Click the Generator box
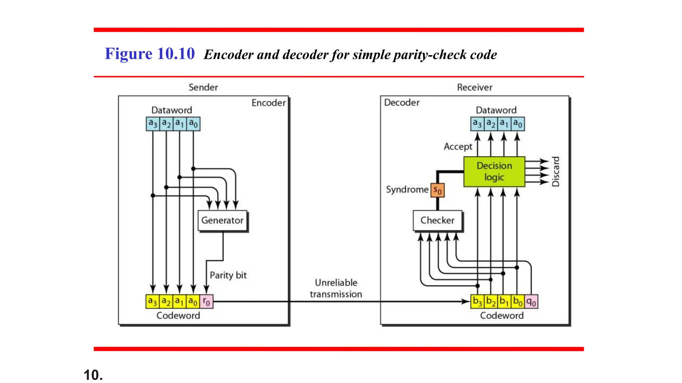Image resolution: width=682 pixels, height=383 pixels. [222, 220]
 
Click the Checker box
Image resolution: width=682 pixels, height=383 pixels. [437, 220]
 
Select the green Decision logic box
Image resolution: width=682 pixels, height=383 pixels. [494, 172]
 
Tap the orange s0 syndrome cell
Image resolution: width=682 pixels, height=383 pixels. [437, 191]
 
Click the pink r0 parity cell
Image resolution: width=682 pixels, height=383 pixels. [206, 302]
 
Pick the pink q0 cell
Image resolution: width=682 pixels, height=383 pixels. [531, 302]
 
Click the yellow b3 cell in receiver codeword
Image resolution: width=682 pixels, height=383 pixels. [477, 302]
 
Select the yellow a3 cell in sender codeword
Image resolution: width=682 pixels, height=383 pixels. [153, 302]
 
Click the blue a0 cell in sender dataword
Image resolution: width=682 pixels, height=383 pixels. [193, 124]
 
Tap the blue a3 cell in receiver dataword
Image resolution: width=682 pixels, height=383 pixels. [477, 124]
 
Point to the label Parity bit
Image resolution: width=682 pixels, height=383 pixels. [228, 275]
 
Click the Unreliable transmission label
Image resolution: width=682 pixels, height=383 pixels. [336, 288]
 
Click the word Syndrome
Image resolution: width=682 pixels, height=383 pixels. [407, 190]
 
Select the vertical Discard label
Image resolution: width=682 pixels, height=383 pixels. [555, 172]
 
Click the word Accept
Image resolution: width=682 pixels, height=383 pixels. [458, 147]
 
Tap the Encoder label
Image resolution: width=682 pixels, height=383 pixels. [268, 103]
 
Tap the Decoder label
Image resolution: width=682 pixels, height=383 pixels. [402, 102]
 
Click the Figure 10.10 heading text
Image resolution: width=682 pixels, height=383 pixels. [150, 54]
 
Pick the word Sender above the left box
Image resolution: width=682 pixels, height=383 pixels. [203, 87]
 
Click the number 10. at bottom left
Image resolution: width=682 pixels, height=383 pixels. [93, 375]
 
